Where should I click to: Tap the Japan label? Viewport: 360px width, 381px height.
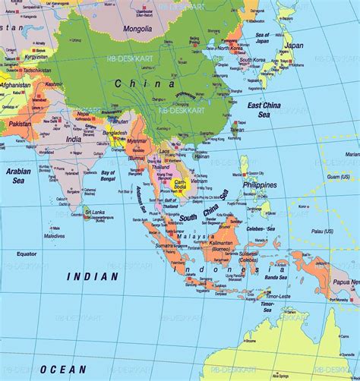pos(293,45)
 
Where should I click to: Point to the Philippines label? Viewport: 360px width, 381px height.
pos(261,184)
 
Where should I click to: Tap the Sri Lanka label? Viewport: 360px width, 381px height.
pos(94,212)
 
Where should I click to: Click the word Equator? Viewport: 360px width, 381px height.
pos(27,253)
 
